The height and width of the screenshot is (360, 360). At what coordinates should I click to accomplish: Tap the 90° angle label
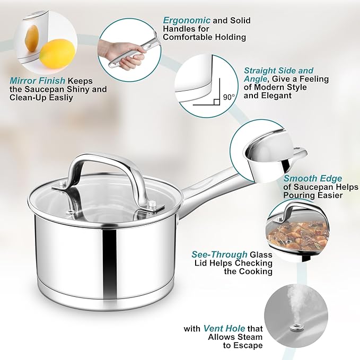point(229,97)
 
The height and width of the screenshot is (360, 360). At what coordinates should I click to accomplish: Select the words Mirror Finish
point(37,81)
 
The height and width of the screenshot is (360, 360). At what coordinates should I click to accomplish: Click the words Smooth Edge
point(312,179)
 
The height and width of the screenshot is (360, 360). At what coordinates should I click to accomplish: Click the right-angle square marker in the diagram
point(217,101)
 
